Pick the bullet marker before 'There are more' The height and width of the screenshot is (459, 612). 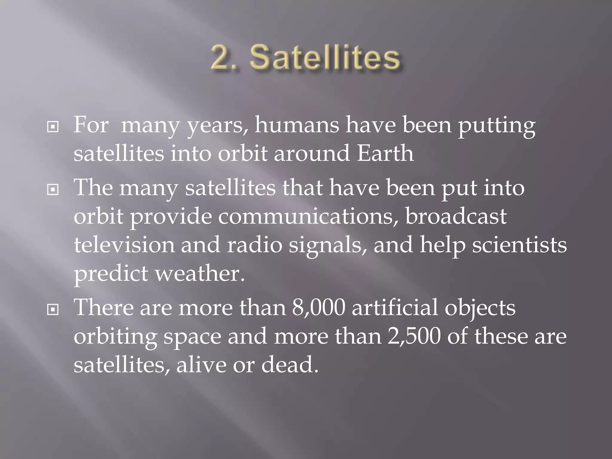[x=53, y=310]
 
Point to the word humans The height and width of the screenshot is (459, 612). [x=297, y=126]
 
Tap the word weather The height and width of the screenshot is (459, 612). [x=200, y=274]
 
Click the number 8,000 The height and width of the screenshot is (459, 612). [x=319, y=308]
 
